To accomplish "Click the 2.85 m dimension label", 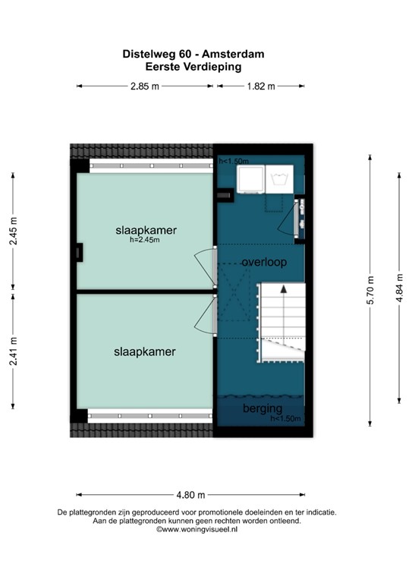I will pos(145,87).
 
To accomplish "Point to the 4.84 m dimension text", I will pos(399,288).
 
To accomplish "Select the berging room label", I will pos(262,409).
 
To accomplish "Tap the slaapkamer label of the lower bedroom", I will pos(145,352).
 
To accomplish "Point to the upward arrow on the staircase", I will pos(283,289).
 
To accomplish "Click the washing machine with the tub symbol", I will pos(280,180).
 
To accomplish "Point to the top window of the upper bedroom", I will pos(149,165).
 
